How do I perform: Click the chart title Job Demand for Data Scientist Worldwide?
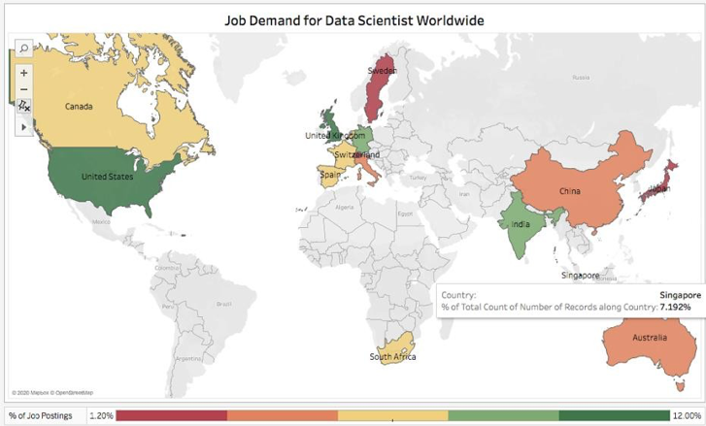click(x=353, y=18)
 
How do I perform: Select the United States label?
click(x=107, y=177)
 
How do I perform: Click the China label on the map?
click(x=569, y=190)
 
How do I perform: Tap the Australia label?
click(x=650, y=338)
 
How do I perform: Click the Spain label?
click(x=330, y=175)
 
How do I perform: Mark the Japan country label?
click(x=659, y=188)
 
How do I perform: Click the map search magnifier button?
click(x=23, y=47)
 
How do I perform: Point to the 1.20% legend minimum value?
click(x=101, y=415)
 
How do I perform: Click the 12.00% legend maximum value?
click(x=687, y=415)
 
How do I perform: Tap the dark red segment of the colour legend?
click(x=172, y=415)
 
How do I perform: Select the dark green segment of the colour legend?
click(x=615, y=415)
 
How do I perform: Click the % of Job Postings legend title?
click(x=43, y=415)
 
